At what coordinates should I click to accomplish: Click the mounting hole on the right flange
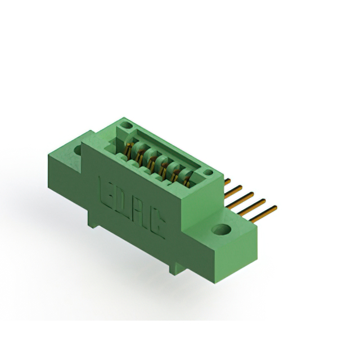point(221,229)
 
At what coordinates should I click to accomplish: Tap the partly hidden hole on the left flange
point(78,150)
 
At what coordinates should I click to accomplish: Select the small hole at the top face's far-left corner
point(125,125)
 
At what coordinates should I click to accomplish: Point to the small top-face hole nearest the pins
point(208,172)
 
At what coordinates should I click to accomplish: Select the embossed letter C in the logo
point(158,224)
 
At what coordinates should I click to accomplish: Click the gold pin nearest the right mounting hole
point(263,214)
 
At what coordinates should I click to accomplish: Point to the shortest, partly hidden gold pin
point(227,182)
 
